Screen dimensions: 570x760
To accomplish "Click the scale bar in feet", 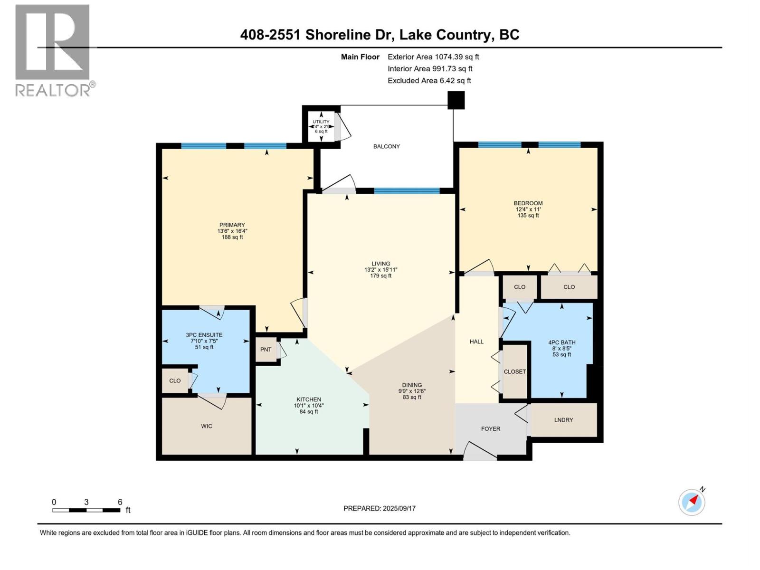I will click(x=86, y=510).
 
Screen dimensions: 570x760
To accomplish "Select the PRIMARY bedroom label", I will click(x=232, y=225).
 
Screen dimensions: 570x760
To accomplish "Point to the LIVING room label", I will click(x=380, y=264).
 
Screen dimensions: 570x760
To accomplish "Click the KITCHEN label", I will click(x=309, y=399).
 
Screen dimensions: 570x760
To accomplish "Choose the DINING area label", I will click(x=411, y=385).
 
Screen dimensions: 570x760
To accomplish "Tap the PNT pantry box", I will click(x=266, y=350).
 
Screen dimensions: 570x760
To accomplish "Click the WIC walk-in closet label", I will click(x=206, y=426).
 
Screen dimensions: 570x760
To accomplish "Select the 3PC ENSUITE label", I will click(x=204, y=335).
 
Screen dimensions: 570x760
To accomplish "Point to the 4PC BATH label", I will click(x=561, y=342).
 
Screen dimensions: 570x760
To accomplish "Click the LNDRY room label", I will click(x=563, y=420).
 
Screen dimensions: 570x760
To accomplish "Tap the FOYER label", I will click(x=490, y=428).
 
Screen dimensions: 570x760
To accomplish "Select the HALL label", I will click(x=476, y=342).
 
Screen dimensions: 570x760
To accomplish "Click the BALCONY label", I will click(x=386, y=146).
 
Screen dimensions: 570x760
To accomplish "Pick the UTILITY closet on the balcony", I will click(x=321, y=126).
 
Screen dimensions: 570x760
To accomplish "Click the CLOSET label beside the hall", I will click(x=515, y=371).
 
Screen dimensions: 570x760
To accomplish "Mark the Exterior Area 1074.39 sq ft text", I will click(x=433, y=57).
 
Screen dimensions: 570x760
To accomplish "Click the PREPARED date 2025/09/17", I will click(x=380, y=508).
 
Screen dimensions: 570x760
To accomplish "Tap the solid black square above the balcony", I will click(x=456, y=100).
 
